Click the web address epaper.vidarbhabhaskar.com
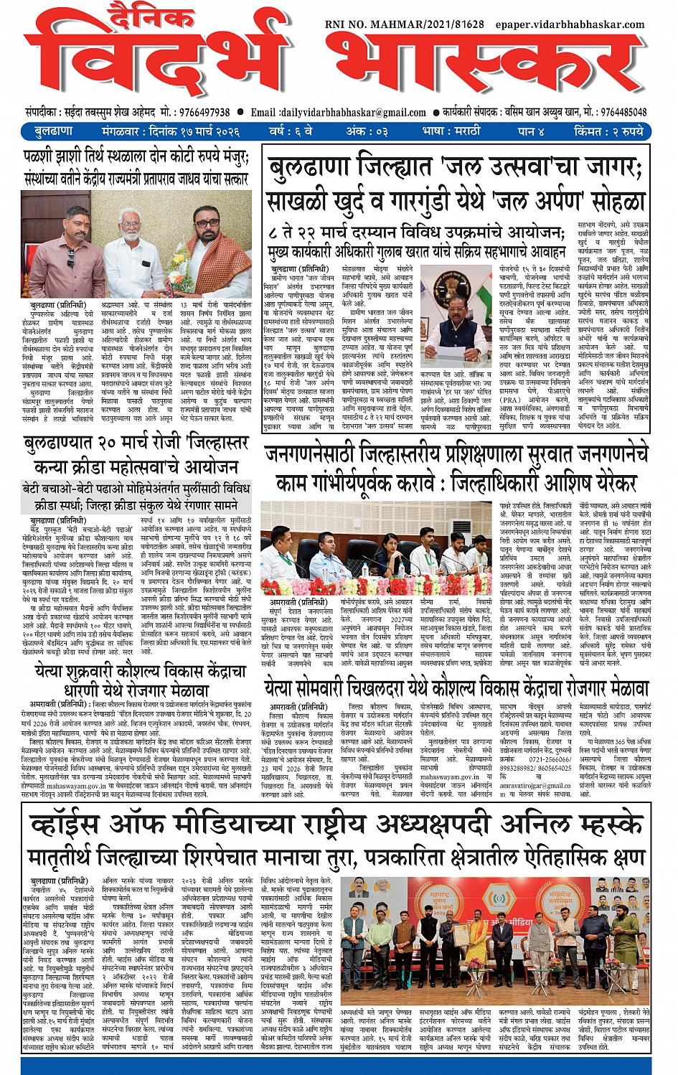(570, 24)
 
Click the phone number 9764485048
(623, 112)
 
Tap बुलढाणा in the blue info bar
(53, 131)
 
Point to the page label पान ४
(530, 131)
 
